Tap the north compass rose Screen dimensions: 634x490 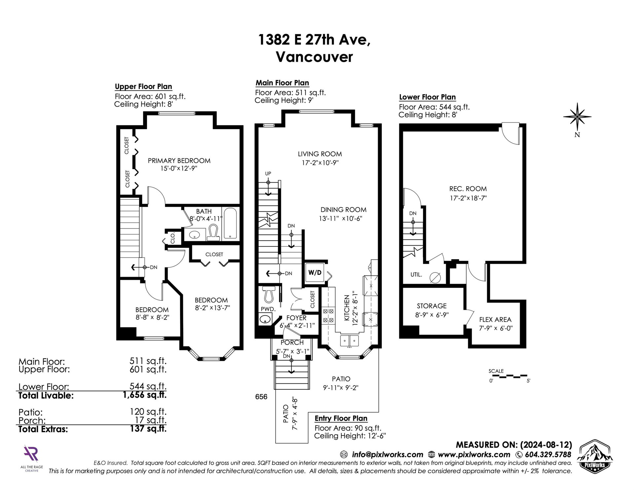(577, 117)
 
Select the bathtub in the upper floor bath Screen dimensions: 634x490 (229, 223)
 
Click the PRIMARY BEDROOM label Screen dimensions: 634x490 (179, 160)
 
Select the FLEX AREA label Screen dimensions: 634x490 (495, 320)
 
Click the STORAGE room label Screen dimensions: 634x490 (432, 306)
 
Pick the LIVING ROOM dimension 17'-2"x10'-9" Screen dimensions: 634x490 (320, 162)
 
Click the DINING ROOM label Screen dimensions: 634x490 (343, 210)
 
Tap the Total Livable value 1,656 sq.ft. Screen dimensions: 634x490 (144, 395)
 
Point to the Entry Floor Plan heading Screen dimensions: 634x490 (341, 418)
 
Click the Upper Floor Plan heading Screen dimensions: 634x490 (143, 87)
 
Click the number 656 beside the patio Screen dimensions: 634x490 (261, 397)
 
